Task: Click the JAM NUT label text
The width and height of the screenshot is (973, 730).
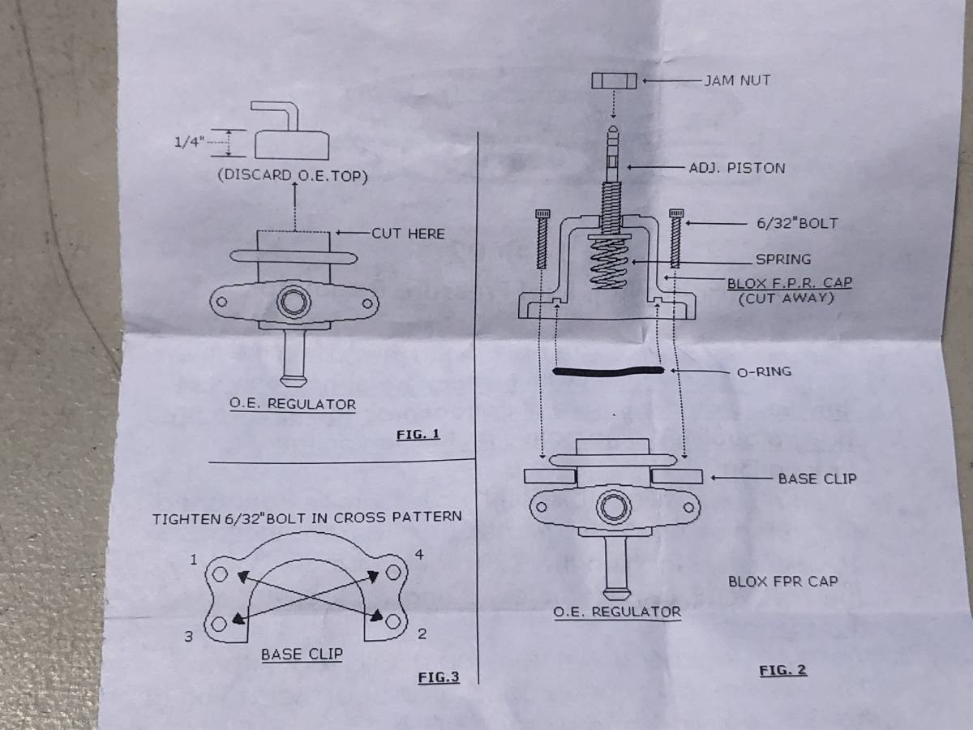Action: tap(737, 80)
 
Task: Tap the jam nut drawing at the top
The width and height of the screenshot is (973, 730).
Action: tap(615, 81)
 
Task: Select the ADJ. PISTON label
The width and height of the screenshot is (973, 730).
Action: tap(736, 168)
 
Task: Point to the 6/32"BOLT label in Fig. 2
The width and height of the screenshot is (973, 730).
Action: tap(796, 223)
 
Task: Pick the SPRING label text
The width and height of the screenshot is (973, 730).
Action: tap(782, 260)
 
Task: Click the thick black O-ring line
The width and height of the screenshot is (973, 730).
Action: tap(607, 371)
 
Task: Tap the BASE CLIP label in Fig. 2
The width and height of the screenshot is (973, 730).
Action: tap(817, 479)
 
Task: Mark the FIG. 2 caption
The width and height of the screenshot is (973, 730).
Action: tap(782, 670)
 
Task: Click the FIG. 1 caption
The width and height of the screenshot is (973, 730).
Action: tap(418, 434)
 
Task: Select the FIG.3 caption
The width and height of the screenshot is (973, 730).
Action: tap(438, 676)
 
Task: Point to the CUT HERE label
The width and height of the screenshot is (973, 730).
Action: tap(408, 234)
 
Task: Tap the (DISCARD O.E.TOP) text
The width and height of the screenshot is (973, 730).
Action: tap(293, 176)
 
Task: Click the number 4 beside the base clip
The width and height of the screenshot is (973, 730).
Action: tap(418, 556)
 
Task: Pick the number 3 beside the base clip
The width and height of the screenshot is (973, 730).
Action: tap(188, 637)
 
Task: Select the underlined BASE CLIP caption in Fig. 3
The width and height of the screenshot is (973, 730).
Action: tap(302, 654)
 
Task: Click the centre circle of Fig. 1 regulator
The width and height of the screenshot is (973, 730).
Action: tap(294, 302)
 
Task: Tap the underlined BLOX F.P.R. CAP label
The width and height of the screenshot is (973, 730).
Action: tap(789, 283)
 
